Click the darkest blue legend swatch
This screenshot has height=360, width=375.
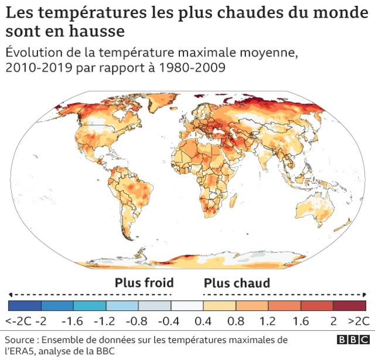(25, 305)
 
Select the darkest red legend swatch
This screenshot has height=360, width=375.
(350, 305)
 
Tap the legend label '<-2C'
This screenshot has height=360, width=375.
(18, 321)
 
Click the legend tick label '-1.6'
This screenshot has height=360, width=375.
(73, 321)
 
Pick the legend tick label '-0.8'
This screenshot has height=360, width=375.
(138, 321)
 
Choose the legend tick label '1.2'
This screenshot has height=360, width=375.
(268, 321)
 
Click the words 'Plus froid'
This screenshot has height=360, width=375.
(144, 283)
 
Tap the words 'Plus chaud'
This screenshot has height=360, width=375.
(237, 283)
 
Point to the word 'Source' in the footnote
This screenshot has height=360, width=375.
(21, 340)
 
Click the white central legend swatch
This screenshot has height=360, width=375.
(187, 305)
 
